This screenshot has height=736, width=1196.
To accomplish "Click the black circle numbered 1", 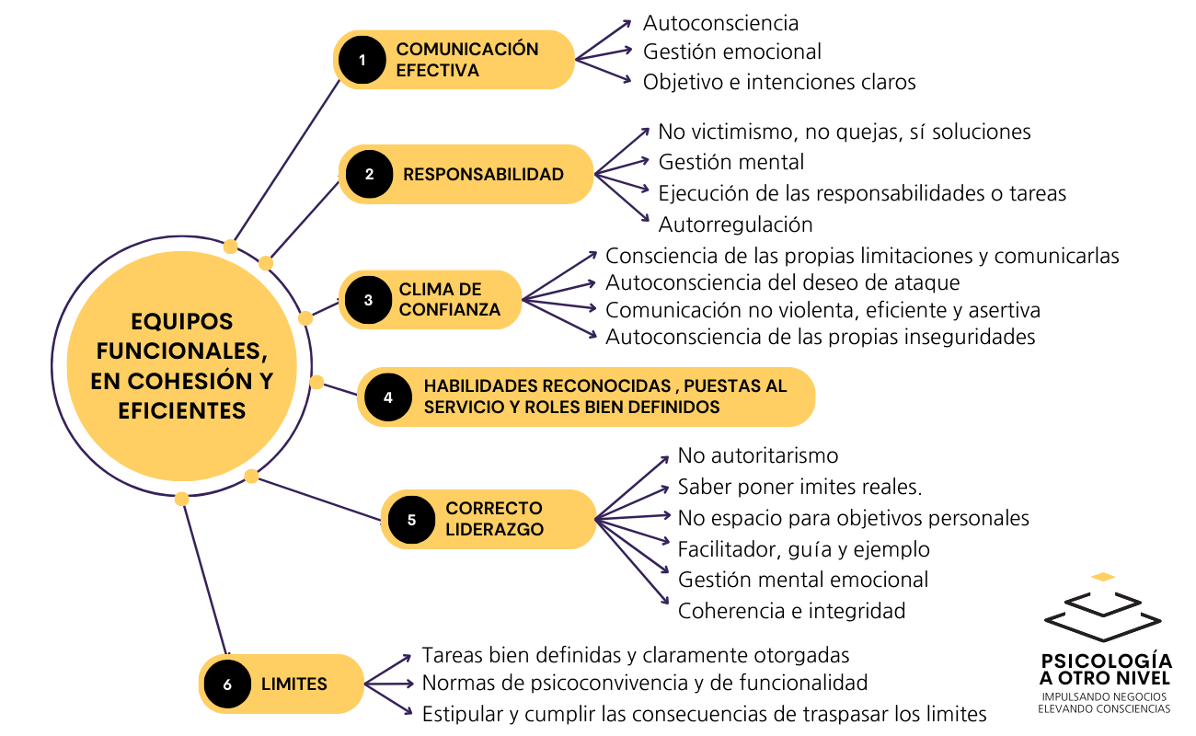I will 362,60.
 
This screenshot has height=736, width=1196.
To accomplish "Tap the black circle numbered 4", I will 388,397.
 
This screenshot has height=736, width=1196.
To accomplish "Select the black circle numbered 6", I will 228,684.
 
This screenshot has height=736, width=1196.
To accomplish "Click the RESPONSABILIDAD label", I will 483,174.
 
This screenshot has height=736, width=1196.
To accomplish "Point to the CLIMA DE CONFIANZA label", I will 450,300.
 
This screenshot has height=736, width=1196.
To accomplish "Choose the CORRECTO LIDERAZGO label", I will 494,519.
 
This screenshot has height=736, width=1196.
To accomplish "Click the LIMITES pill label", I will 294,684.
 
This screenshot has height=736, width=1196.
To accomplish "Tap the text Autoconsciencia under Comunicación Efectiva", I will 720,23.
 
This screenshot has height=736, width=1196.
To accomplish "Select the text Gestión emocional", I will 732,52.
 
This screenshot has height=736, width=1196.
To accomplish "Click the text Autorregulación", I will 735,224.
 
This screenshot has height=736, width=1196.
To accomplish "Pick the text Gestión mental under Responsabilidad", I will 731,163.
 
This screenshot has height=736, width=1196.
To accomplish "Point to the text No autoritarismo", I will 758,455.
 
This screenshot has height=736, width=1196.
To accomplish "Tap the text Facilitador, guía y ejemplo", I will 803,549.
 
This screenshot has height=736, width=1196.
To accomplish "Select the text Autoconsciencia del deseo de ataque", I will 782,282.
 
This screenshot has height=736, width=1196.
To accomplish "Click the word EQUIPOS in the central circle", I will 182,322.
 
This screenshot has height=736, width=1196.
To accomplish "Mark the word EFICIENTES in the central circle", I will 182,410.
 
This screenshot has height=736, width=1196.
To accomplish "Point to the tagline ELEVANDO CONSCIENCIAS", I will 1104,709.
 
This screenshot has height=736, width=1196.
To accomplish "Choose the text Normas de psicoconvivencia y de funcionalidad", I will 645,684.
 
